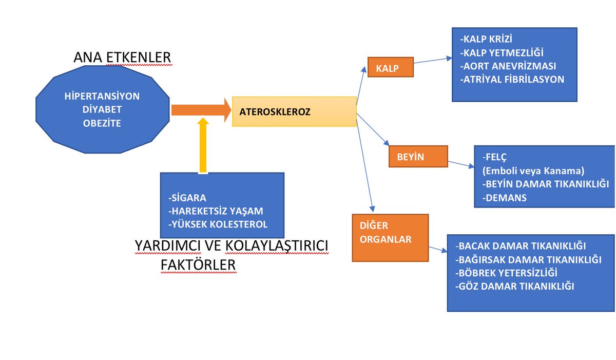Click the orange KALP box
[391, 67]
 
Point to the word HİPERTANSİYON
[102, 96]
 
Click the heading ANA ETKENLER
[123, 57]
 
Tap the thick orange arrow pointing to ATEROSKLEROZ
[200, 110]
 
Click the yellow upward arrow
[203, 146]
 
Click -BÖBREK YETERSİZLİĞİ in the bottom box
[506, 273]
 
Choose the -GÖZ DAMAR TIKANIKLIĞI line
[514, 286]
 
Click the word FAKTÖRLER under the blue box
[198, 264]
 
